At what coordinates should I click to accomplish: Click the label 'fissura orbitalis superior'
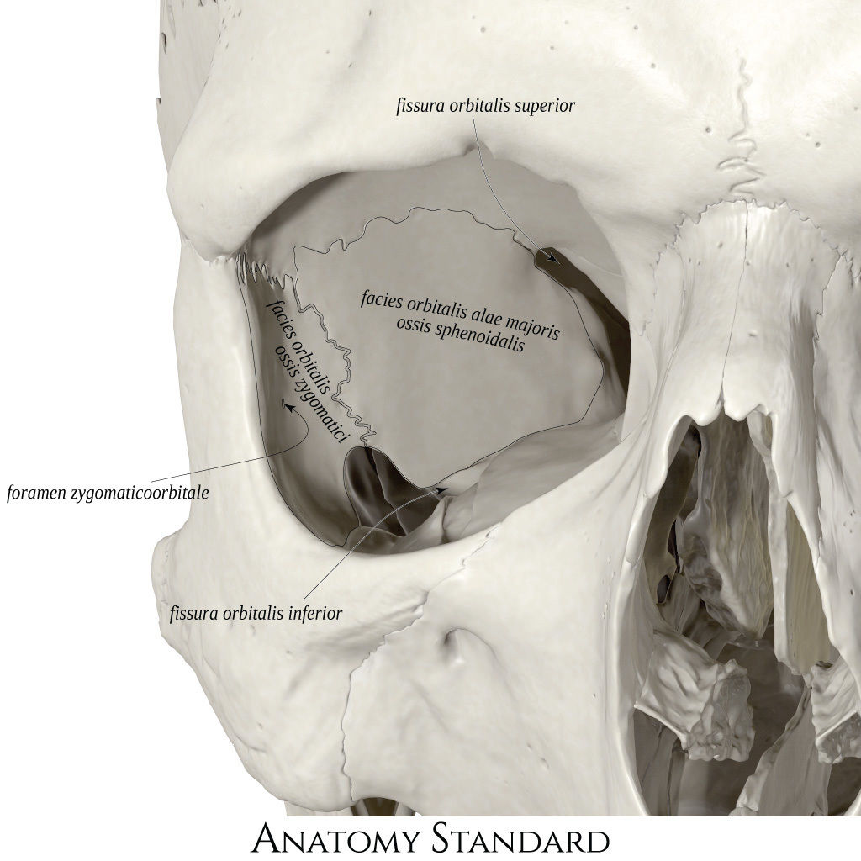(485, 105)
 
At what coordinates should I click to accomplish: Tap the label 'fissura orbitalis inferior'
(256, 613)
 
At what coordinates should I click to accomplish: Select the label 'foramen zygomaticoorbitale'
(108, 493)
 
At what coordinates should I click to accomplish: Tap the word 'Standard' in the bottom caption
(521, 838)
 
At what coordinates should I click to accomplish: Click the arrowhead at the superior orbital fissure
(552, 257)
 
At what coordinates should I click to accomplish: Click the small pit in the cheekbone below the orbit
(453, 641)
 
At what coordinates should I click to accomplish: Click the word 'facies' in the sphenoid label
(382, 300)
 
